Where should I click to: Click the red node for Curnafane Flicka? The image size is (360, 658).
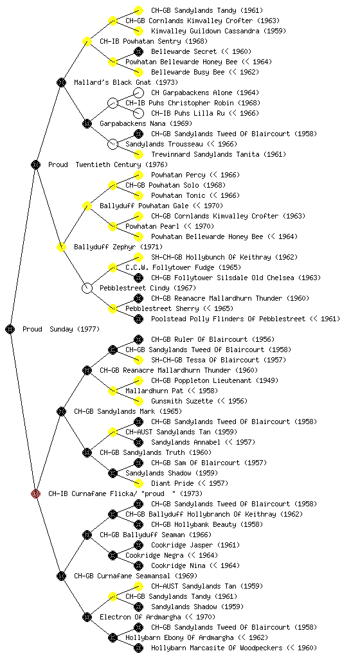point(35,493)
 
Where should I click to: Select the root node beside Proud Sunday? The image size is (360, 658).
point(10,329)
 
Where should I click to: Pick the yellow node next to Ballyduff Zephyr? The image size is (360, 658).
point(61,247)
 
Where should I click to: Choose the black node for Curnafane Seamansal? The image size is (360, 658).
point(61,576)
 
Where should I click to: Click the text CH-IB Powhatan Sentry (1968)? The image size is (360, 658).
point(154,41)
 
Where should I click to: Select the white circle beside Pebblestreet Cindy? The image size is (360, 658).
point(87,288)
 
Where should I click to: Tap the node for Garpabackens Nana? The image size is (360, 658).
point(87,123)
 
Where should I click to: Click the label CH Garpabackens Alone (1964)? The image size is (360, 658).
point(205,93)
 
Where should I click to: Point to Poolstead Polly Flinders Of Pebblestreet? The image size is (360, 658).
point(228,319)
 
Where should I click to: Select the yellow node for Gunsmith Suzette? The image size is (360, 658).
point(138,401)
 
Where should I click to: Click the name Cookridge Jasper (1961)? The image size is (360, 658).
point(195,545)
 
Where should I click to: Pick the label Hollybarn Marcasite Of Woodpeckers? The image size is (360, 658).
point(217,648)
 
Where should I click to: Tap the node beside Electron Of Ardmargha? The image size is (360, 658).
point(87,617)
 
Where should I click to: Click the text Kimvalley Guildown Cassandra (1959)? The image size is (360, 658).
point(219,31)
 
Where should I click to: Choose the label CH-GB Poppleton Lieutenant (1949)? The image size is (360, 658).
point(215,380)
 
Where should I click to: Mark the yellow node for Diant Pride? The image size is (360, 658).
point(138,483)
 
